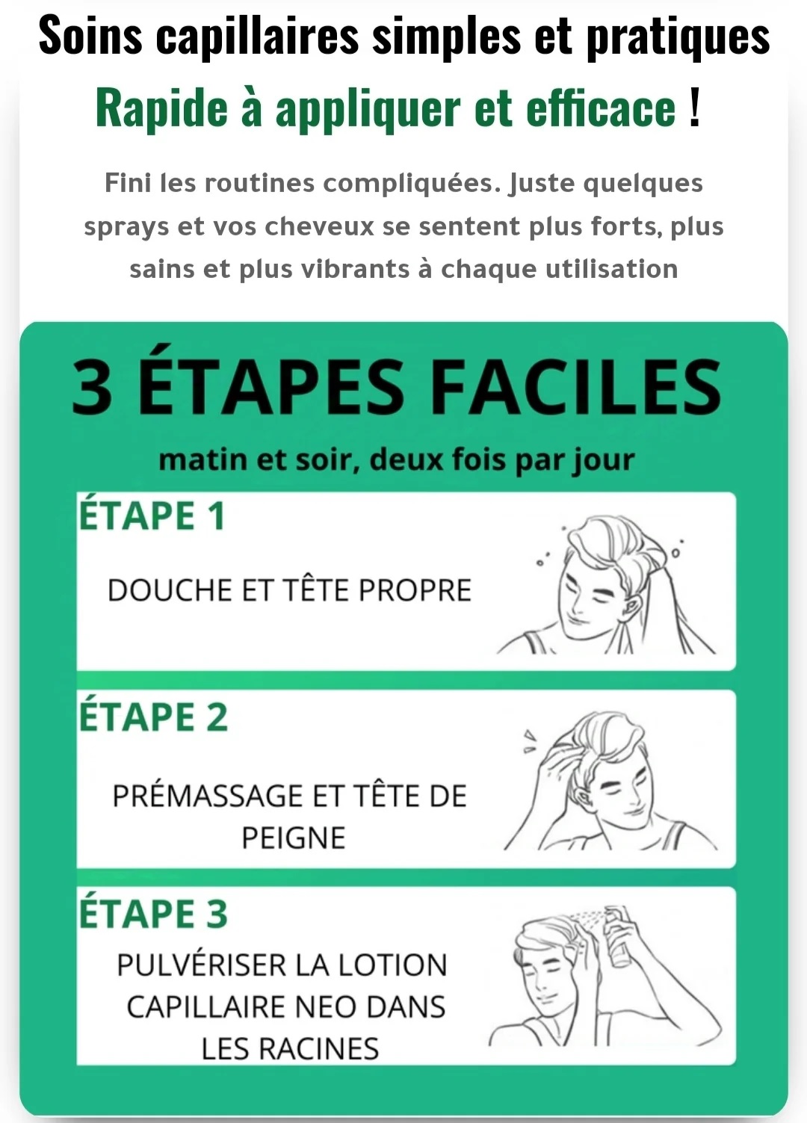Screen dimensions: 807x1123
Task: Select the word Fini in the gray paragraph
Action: tap(128, 182)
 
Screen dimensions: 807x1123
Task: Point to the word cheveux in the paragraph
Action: tap(319, 226)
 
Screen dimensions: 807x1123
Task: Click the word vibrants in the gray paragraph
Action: tap(356, 269)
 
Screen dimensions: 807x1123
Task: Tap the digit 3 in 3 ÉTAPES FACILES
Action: tap(92, 388)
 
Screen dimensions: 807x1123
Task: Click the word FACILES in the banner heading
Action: tap(575, 388)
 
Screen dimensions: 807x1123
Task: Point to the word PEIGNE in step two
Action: tap(294, 838)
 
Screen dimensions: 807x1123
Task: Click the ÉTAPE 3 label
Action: tap(153, 914)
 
